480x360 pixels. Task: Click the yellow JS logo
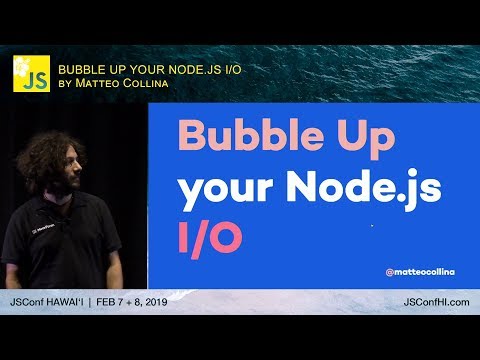[30, 75]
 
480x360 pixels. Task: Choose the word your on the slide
[225, 188]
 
